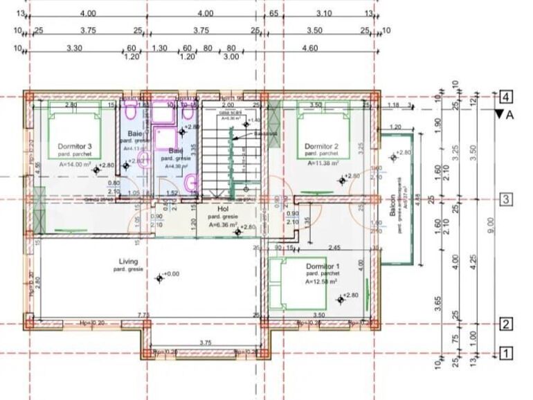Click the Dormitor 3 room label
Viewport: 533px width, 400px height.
click(75, 146)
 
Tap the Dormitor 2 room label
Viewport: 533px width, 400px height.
click(321, 146)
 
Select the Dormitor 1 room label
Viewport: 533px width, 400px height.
click(322, 266)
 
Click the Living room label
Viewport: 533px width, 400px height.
click(129, 261)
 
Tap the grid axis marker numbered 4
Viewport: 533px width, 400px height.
click(507, 97)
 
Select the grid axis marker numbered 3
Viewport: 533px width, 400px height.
click(507, 200)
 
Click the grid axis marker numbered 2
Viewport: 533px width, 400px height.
click(507, 324)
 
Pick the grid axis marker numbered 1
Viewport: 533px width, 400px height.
click(507, 354)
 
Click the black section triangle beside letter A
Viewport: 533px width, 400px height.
click(499, 115)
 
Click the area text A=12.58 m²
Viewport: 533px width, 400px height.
click(321, 282)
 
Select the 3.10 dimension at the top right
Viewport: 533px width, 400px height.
click(323, 13)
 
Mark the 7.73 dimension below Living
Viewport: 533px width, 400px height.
click(144, 315)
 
